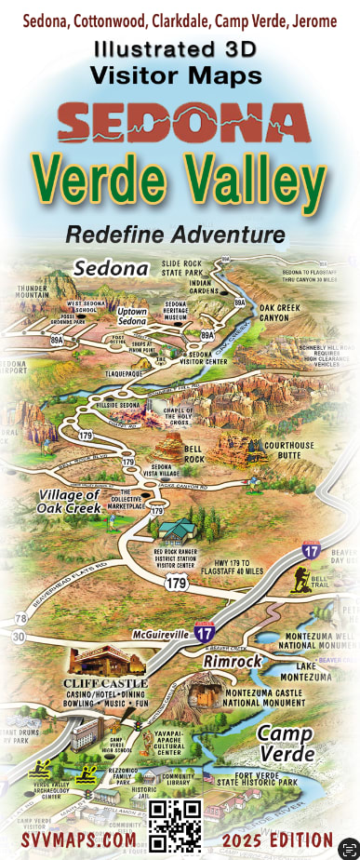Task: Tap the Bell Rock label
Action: tap(194, 454)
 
